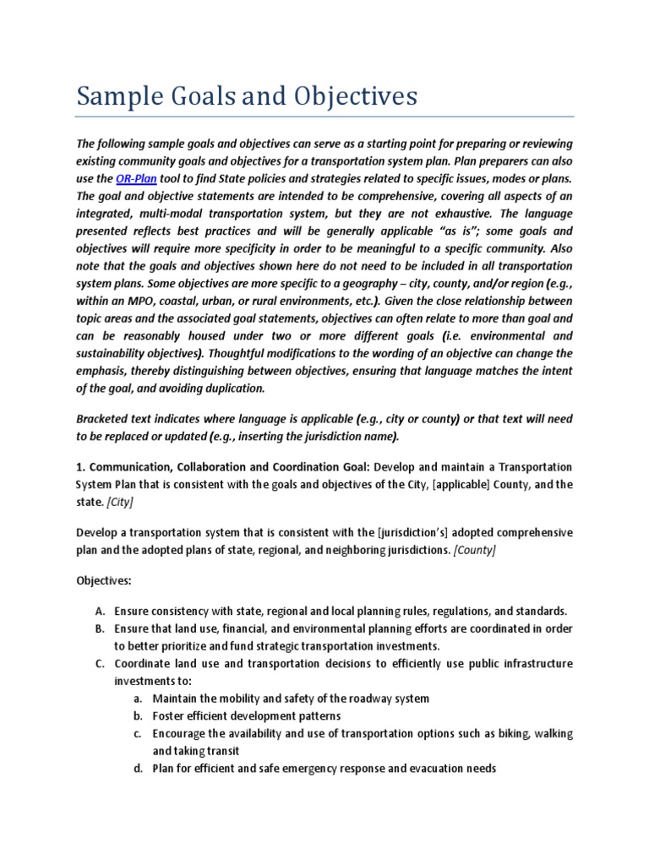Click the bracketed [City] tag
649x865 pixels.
click(119, 503)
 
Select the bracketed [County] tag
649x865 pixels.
click(475, 550)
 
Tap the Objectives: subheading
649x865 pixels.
click(104, 581)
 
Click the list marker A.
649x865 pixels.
click(99, 611)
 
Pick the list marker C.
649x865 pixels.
click(99, 663)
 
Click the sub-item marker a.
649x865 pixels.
click(136, 699)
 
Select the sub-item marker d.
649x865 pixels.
click(136, 769)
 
